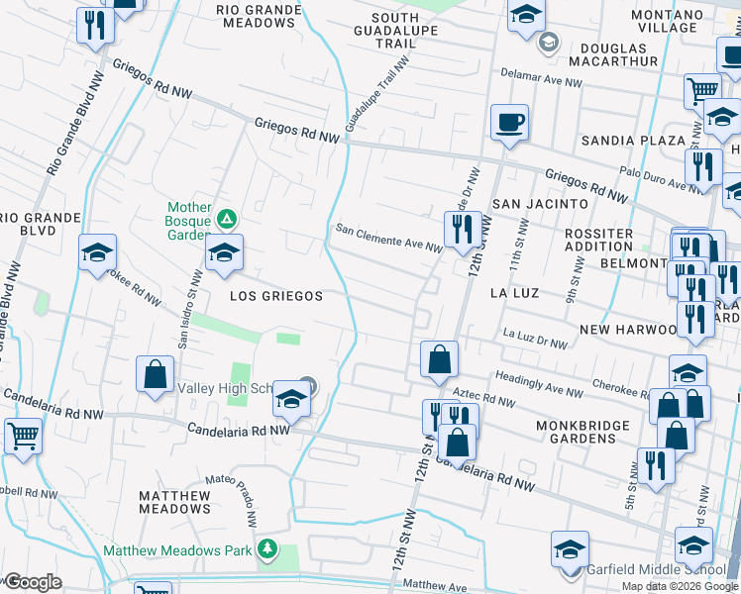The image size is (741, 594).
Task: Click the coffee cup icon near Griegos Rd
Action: click(509, 123)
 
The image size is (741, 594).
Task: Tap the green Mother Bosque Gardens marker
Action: click(227, 218)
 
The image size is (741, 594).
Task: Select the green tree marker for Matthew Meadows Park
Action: click(265, 548)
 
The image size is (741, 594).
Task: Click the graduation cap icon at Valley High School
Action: click(291, 399)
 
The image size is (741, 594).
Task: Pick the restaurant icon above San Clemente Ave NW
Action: click(462, 230)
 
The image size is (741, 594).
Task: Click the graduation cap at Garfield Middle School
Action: click(571, 549)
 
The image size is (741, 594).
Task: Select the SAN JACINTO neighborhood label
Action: click(540, 203)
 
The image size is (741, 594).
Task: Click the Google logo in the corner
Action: click(33, 582)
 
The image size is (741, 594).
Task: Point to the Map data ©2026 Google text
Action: click(680, 586)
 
